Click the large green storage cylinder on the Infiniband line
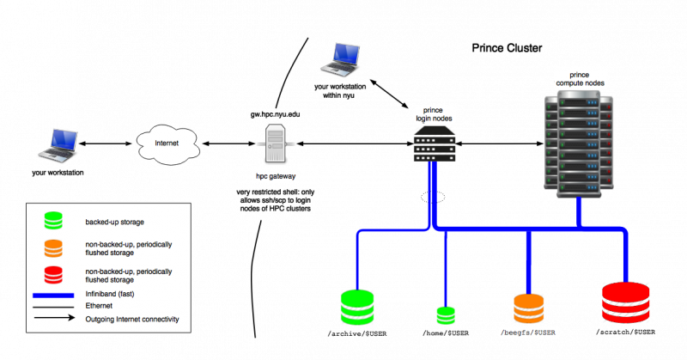(x=357, y=307)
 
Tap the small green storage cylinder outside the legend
(x=445, y=315)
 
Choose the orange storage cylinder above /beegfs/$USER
(x=529, y=308)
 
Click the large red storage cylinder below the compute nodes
(x=626, y=302)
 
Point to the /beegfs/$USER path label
(x=529, y=331)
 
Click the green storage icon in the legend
(x=55, y=220)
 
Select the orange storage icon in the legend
(x=55, y=248)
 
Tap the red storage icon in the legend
(x=55, y=275)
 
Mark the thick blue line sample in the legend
(x=55, y=295)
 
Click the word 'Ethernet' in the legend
(x=100, y=306)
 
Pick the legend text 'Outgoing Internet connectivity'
(x=132, y=319)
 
